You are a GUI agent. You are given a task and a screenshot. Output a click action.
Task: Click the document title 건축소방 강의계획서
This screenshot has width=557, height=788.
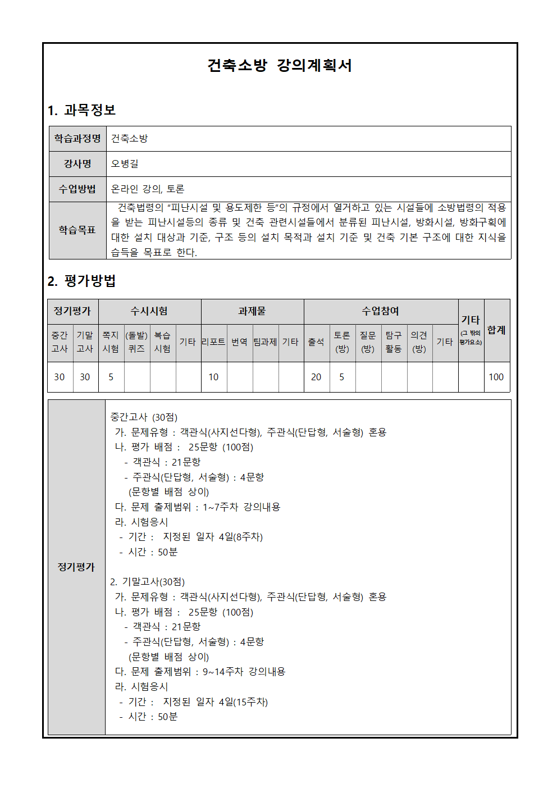(x=279, y=66)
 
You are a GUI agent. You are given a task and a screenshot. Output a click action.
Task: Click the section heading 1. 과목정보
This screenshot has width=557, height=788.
(x=81, y=110)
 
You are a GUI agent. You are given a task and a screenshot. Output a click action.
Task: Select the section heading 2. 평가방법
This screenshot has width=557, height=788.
(x=81, y=281)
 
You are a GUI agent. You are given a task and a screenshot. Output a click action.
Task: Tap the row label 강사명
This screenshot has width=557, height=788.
(x=77, y=164)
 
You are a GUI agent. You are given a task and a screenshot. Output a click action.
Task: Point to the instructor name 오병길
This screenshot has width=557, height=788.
(x=125, y=164)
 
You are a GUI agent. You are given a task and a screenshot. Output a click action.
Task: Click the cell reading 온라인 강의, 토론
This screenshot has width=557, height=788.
(x=148, y=189)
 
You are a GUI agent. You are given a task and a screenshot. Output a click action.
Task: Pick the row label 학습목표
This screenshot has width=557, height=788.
(x=77, y=230)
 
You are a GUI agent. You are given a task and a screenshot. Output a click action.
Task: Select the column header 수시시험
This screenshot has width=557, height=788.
(x=149, y=311)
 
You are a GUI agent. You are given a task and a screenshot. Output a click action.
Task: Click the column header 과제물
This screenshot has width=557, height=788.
(x=252, y=311)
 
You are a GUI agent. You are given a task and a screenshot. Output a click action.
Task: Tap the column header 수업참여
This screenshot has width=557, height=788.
(x=380, y=311)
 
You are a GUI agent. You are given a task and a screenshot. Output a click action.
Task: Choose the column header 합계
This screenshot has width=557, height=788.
(x=496, y=330)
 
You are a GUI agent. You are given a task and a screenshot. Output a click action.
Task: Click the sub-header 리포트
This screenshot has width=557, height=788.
(x=213, y=342)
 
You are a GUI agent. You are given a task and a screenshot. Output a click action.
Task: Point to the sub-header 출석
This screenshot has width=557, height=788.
(x=316, y=342)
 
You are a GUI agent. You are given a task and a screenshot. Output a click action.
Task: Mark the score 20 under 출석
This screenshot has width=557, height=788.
(x=316, y=377)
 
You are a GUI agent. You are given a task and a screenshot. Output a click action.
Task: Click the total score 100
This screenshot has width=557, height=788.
(x=496, y=377)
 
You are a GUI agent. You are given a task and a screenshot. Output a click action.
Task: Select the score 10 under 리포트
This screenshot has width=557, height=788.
(x=213, y=377)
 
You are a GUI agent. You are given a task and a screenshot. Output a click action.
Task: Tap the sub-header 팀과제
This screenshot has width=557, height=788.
(x=265, y=342)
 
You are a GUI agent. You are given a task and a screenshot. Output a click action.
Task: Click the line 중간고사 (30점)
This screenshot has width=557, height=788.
(x=144, y=417)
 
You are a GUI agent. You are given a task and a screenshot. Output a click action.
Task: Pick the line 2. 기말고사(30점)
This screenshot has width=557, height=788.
(x=147, y=582)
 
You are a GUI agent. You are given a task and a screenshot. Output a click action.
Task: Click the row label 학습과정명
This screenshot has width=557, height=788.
(x=77, y=139)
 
